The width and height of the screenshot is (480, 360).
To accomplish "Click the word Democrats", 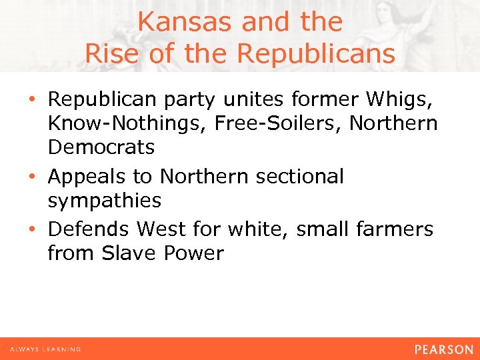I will [x=101, y=147].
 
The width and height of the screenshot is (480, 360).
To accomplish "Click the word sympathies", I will [x=104, y=200].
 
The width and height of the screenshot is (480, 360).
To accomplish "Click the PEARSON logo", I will [x=443, y=349].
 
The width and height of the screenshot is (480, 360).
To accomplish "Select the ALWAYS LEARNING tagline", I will [x=45, y=349].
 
